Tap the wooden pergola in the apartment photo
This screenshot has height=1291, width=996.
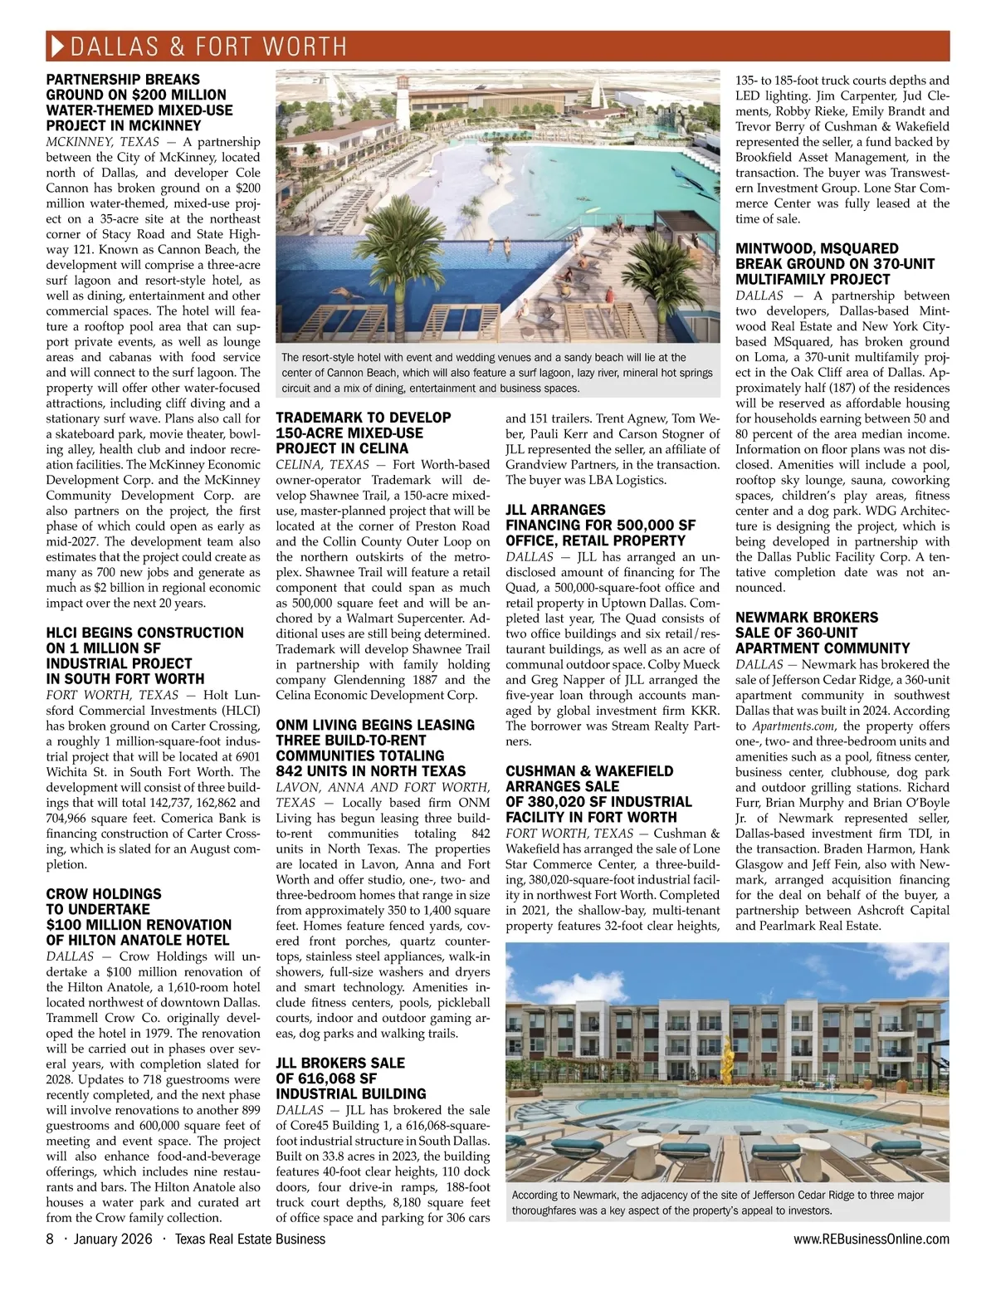point(930,1071)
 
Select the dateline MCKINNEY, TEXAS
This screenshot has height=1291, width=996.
point(103,142)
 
